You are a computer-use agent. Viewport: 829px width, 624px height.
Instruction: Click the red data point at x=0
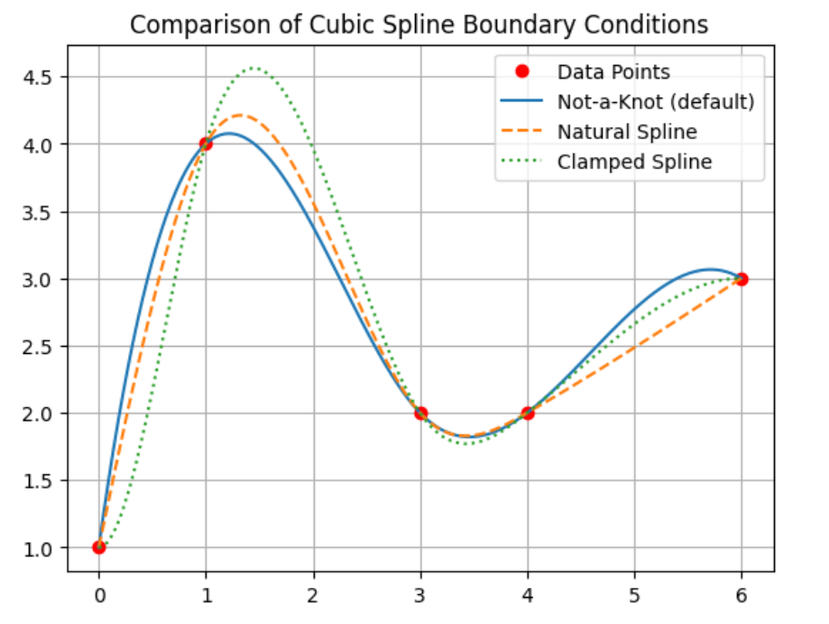(99, 547)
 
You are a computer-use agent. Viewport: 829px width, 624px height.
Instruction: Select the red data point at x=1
(206, 144)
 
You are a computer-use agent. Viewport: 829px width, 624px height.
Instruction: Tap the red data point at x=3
(420, 413)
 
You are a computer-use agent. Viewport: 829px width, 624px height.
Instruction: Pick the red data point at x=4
(528, 413)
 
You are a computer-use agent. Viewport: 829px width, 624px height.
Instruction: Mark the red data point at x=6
(741, 278)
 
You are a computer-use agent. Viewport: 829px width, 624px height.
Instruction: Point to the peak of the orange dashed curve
(240, 115)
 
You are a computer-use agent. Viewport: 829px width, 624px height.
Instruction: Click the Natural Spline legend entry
(627, 132)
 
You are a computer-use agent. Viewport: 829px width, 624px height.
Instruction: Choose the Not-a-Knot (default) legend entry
(655, 102)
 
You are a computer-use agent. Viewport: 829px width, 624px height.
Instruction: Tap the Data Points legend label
(613, 71)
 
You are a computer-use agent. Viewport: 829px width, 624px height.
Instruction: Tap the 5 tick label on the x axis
(634, 597)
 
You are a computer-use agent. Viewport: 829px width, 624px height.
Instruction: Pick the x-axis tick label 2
(313, 597)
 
